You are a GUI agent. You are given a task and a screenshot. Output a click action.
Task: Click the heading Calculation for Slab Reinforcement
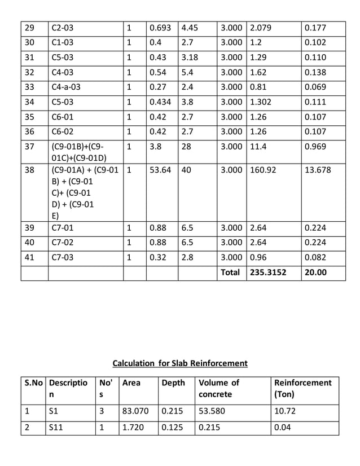pos(180,363)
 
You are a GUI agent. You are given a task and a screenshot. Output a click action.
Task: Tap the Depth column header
pos(173,383)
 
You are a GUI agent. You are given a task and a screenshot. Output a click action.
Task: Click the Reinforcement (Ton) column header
pos(302,388)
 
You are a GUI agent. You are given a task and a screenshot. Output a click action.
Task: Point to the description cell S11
pos(55,427)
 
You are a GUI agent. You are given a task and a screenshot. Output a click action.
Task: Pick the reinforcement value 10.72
pos(284,411)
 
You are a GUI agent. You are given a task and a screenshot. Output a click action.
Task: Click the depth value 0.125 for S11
pos(172,427)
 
